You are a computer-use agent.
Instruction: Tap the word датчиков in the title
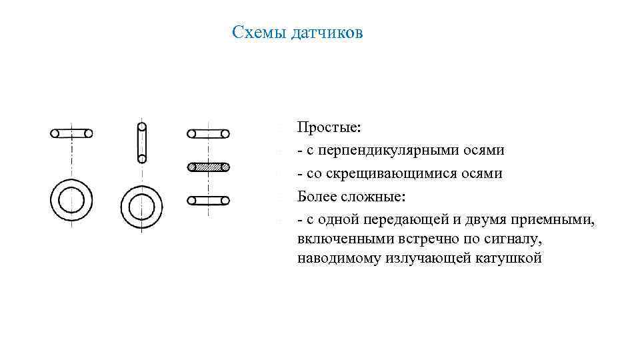(327, 33)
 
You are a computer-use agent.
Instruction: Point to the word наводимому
(339, 258)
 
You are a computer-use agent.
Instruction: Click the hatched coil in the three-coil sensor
(209, 167)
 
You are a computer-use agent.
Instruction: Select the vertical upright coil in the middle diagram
(141, 141)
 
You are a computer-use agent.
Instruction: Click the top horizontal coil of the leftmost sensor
(71, 133)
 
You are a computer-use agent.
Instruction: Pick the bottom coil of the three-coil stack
(209, 200)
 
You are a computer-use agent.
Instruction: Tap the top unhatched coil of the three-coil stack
(209, 133)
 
